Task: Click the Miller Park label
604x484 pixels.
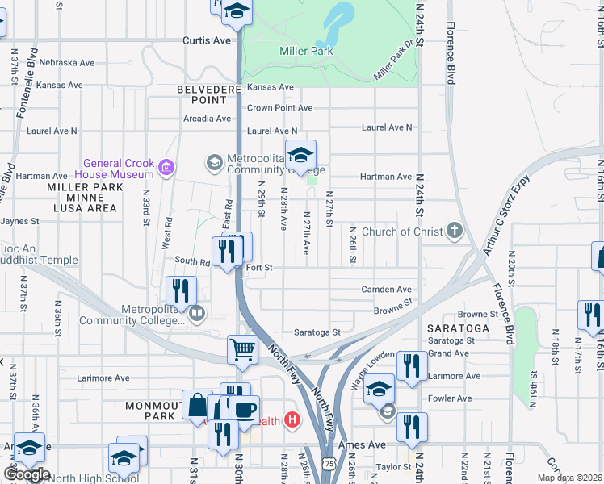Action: [306, 51]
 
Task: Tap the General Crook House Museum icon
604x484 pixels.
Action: [166, 168]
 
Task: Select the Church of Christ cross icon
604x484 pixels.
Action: [455, 232]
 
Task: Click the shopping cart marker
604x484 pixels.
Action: [242, 350]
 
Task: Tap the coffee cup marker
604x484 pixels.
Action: [245, 409]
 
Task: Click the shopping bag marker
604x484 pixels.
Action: [197, 405]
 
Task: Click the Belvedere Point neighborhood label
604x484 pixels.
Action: [202, 94]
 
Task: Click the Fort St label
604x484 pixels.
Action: [258, 267]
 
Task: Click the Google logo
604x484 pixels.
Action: [27, 474]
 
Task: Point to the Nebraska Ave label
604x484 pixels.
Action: [67, 62]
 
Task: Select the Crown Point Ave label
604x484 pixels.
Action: [279, 108]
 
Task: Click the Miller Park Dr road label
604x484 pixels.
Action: [399, 60]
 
